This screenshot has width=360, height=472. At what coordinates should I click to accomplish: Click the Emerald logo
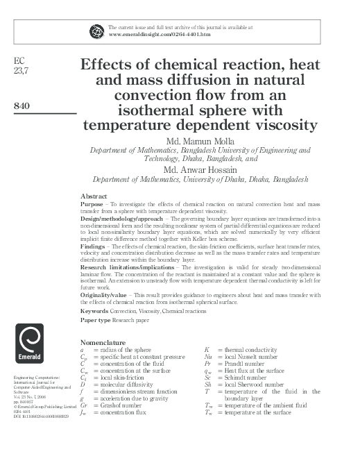point(29,344)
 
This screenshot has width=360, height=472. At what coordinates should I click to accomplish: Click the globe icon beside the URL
point(96,30)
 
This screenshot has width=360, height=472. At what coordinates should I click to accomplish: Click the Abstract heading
point(94,196)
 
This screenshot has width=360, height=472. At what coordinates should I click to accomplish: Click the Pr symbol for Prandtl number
point(208,365)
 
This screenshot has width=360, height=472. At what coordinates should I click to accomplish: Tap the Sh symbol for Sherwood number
point(208,385)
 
